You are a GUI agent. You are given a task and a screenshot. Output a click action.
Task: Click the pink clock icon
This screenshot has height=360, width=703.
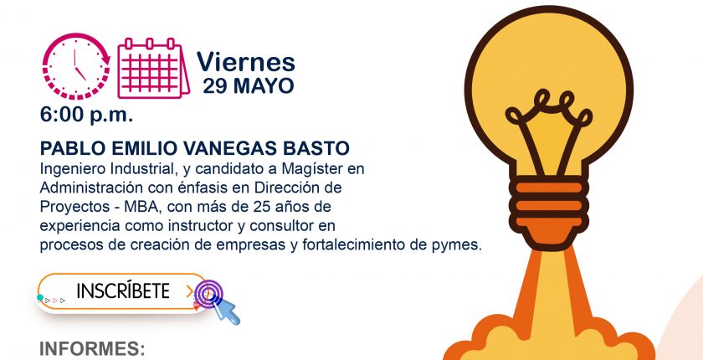[76, 66]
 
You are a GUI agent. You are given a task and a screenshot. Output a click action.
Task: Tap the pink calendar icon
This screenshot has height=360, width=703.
[153, 68]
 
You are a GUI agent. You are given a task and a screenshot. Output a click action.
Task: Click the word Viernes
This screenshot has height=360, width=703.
[246, 62]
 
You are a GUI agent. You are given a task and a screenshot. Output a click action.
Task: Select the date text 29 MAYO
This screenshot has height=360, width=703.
[249, 86]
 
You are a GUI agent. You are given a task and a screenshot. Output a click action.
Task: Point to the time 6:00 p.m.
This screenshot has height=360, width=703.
[86, 116]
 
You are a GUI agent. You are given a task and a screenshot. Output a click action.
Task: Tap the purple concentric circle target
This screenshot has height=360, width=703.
[208, 294]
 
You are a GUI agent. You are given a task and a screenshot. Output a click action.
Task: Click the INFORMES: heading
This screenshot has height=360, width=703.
[92, 349]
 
